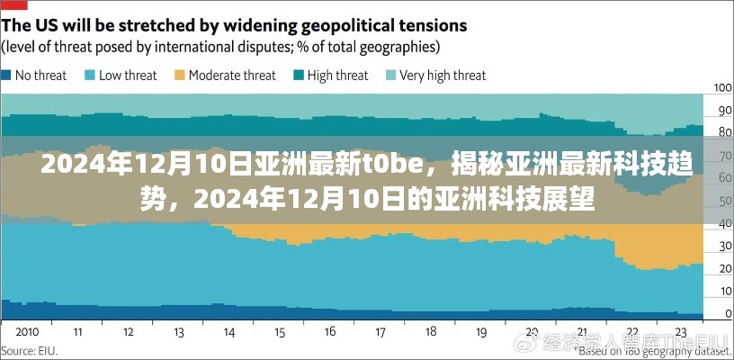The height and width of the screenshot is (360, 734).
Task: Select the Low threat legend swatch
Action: [x=91, y=76]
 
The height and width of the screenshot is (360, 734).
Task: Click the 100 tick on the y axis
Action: [x=722, y=87]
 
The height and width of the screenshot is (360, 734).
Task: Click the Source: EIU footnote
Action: [x=30, y=351]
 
